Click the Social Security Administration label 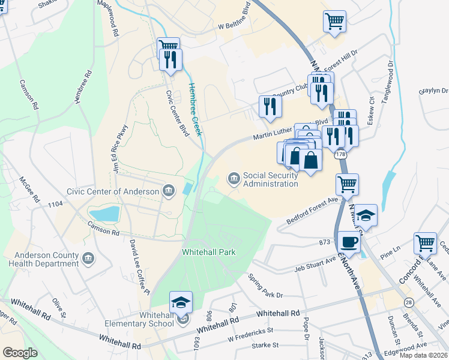coord(270,179)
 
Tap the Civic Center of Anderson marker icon coord(169,192)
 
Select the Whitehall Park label coord(209,253)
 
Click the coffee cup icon coord(348,242)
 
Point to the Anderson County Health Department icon coord(88,259)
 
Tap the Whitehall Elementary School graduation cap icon coord(181,302)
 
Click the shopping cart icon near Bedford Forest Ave coord(347,184)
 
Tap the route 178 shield coord(341,155)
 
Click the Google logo coord(20,353)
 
